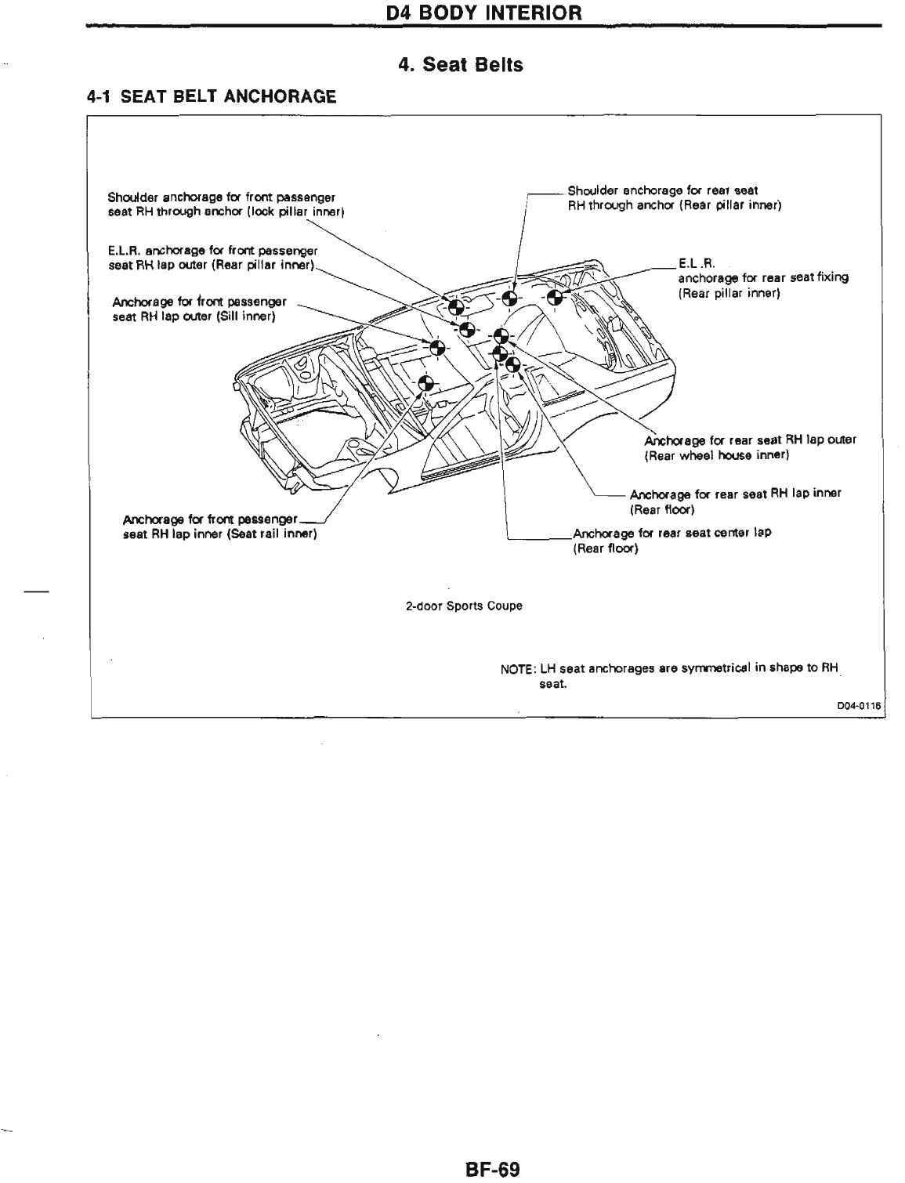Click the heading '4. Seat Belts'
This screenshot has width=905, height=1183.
coord(460,65)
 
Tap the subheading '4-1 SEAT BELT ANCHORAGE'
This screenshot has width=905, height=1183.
coord(211,97)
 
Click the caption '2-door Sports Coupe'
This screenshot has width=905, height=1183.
coord(464,606)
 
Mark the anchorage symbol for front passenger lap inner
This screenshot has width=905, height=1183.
coord(425,383)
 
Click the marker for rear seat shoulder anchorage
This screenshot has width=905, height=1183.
coord(509,297)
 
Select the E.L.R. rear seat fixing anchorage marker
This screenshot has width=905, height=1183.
coord(555,297)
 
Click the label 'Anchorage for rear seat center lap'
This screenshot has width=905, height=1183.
coord(672,533)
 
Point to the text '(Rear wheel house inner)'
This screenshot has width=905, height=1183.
coord(715,454)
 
